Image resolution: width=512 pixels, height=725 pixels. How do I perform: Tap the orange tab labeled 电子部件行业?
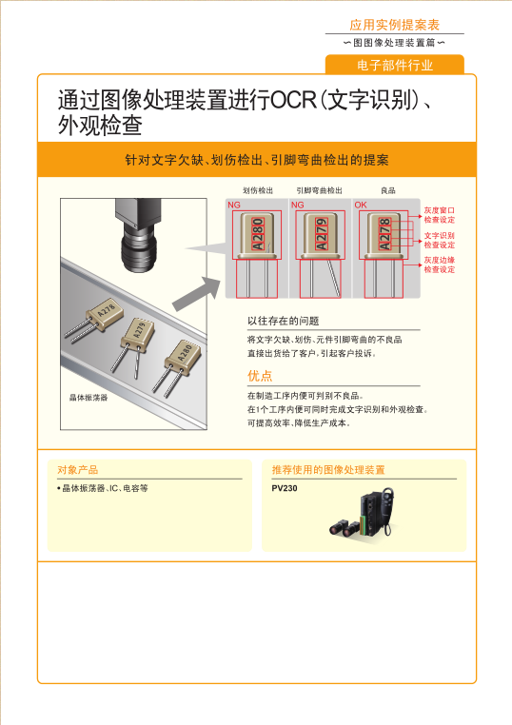coord(394,65)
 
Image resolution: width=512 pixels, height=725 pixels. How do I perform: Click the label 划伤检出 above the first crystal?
coord(257,191)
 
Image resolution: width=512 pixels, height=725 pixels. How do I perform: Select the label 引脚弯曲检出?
coord(319,191)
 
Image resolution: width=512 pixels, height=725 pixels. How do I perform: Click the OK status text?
coord(361,205)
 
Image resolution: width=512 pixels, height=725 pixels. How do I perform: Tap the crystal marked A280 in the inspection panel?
coord(256,233)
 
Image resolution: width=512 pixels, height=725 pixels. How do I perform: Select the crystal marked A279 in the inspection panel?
coord(320,233)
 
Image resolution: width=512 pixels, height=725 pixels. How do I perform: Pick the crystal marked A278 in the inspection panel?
coord(384,233)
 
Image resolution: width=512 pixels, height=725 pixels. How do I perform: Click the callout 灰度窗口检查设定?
coord(439,214)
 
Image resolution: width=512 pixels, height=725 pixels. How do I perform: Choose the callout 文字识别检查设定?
coord(439,240)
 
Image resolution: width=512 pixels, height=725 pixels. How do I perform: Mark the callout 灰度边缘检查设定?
coord(439,265)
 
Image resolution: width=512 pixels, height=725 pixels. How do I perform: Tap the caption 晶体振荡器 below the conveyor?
coord(89,398)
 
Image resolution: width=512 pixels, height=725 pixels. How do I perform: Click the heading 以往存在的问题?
coord(283,321)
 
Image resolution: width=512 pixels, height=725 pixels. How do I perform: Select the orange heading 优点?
coord(260,376)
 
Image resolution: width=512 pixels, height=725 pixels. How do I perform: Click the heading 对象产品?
coord(77,470)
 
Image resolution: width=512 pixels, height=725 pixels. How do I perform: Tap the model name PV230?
coord(285,487)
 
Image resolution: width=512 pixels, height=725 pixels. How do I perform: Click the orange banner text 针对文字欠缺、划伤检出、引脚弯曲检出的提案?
coord(256,160)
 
